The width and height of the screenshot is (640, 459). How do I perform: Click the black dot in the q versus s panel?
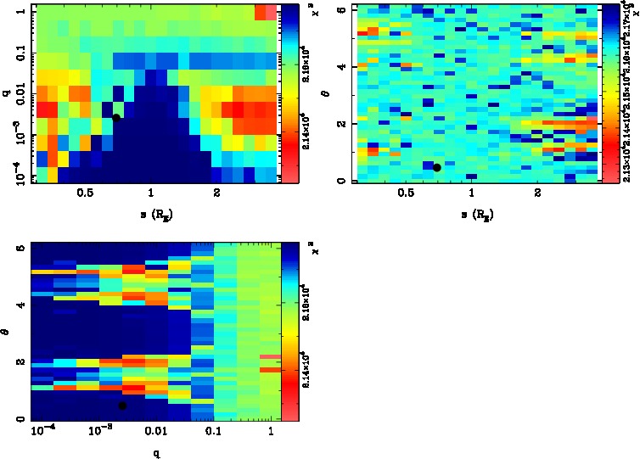116,118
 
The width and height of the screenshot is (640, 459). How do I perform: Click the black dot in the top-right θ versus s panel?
436,168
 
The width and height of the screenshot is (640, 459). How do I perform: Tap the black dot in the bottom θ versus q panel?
122,406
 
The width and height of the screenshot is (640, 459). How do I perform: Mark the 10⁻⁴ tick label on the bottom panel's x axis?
42,434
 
